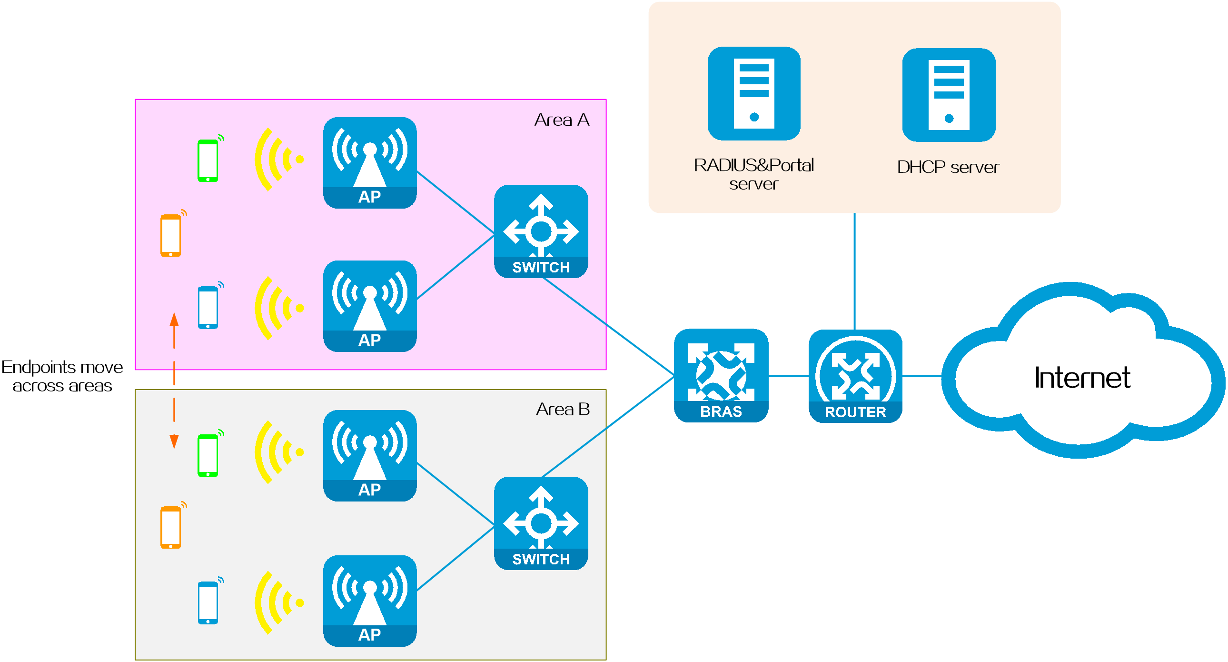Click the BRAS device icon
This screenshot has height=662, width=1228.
(721, 375)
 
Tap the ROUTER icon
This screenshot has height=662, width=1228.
(855, 376)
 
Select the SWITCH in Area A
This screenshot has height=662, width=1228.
(541, 231)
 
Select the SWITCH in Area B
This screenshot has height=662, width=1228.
(541, 523)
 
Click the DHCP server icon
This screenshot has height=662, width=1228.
(949, 95)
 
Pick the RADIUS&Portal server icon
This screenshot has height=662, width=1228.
(753, 93)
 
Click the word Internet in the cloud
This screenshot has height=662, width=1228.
(1082, 378)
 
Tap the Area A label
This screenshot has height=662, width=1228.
(562, 120)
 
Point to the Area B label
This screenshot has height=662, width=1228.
(563, 409)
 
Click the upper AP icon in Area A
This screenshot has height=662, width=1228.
(370, 162)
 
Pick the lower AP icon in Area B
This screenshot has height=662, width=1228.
(370, 601)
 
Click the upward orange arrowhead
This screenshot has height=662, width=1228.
(174, 320)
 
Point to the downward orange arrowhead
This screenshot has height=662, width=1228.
(174, 441)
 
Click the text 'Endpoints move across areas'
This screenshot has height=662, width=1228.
(62, 376)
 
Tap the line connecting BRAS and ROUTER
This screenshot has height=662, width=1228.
(789, 376)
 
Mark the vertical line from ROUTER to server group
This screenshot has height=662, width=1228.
(854, 271)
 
